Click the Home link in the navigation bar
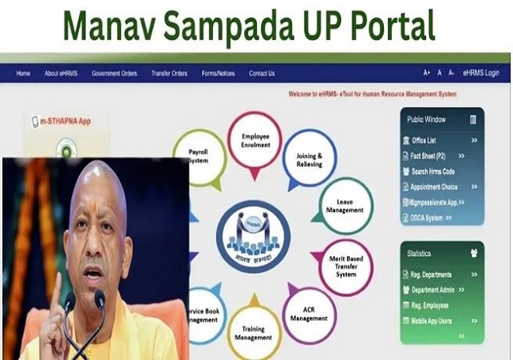tap(23, 73)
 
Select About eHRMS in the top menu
tap(61, 73)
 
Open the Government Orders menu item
tap(114, 73)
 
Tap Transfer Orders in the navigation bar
tap(169, 73)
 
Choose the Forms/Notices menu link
tap(218, 73)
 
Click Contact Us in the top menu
tap(262, 73)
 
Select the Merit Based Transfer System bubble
tap(345, 264)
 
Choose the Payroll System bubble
tap(199, 156)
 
